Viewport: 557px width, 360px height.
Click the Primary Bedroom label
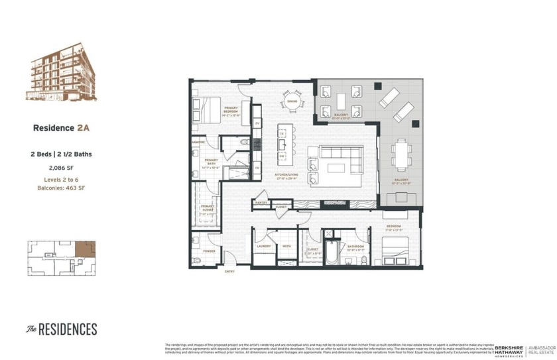click(x=231, y=109)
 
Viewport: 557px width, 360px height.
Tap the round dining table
click(x=292, y=103)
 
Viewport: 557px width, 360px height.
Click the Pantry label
click(x=261, y=202)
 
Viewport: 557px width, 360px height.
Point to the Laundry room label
click(x=263, y=246)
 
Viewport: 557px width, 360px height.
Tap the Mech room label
click(x=286, y=246)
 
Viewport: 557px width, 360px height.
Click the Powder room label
click(x=208, y=251)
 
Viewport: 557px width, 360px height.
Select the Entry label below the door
click(x=229, y=272)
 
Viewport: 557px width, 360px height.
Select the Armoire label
click(x=198, y=143)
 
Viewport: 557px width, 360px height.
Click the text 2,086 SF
click(x=60, y=168)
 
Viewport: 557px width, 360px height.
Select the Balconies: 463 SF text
click(x=60, y=188)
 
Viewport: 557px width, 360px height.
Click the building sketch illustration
click(x=60, y=72)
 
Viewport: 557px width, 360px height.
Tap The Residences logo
click(x=62, y=330)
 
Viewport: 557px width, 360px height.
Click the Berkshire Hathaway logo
click(x=509, y=350)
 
